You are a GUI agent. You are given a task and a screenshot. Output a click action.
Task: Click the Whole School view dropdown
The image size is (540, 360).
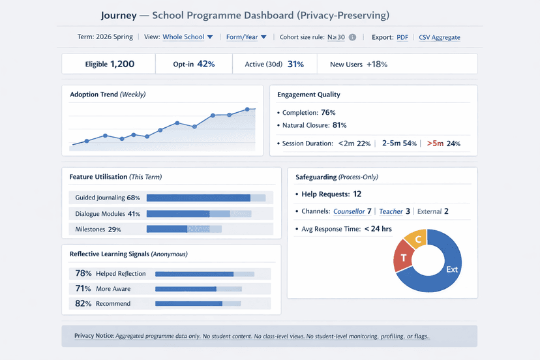(x=188, y=37)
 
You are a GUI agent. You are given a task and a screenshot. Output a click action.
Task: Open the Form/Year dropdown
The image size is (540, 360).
(x=246, y=37)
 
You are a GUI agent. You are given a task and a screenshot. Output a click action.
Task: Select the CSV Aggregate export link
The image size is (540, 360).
(x=439, y=37)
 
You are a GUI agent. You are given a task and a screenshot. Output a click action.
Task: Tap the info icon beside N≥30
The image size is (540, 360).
(x=352, y=37)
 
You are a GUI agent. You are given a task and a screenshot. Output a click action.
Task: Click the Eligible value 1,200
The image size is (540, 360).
(x=122, y=64)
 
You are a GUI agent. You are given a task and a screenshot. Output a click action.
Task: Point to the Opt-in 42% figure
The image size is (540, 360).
(x=205, y=64)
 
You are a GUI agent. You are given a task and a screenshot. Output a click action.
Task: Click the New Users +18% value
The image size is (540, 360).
(x=377, y=64)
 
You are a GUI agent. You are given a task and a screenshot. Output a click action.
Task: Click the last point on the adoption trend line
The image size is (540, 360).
(x=247, y=110)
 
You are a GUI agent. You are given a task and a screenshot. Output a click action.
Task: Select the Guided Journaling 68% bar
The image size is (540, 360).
(x=198, y=198)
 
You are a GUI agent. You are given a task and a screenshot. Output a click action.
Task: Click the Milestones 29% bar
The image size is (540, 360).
(x=167, y=229)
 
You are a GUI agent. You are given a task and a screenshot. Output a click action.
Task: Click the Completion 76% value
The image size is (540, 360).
(x=328, y=113)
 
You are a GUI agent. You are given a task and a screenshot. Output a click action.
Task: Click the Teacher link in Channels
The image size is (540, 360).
(x=391, y=211)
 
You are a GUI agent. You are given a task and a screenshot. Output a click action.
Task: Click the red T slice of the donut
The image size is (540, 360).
(x=404, y=258)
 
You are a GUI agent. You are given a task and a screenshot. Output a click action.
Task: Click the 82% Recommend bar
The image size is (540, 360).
(x=188, y=303)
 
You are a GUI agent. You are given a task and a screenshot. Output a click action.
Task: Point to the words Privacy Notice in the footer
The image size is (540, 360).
(x=93, y=336)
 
